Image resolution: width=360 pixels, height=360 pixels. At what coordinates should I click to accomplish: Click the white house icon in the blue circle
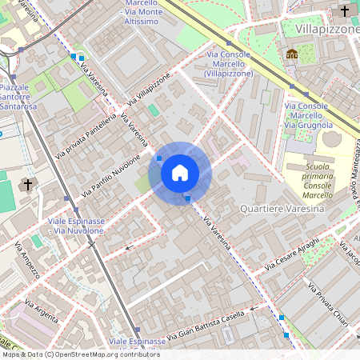coord(180,172)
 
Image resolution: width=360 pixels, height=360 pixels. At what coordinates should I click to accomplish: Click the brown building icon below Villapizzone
coord(292,54)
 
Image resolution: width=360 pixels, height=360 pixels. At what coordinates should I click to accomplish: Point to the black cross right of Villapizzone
coord(345,11)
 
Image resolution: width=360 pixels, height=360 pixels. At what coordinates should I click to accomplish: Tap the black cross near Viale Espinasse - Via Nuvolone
coord(28,185)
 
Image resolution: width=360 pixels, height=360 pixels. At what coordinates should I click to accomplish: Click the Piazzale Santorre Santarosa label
coord(19,96)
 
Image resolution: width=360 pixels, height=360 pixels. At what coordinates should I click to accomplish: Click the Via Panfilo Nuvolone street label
coord(111,175)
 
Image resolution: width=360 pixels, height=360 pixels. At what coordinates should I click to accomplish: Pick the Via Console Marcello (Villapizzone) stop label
coord(228,63)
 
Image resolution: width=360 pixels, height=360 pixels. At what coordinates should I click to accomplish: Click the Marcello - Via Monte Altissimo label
coord(142,12)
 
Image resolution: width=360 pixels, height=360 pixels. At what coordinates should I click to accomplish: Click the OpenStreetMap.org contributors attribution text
coord(104,354)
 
